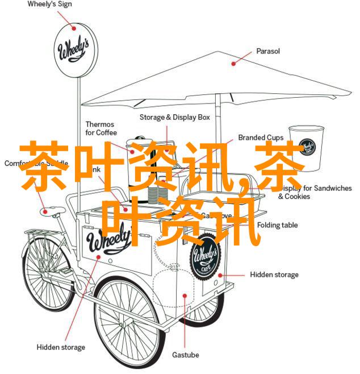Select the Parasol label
coord(268,51)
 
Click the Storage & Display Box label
coord(175,117)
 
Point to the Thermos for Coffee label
coord(100,129)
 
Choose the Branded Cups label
coord(261,138)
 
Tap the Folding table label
coord(277,225)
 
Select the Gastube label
coord(186,355)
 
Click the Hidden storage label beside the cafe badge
coord(274,275)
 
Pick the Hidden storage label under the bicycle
coord(61,347)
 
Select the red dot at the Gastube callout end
coord(184,296)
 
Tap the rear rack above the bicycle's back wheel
coord(40,231)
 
